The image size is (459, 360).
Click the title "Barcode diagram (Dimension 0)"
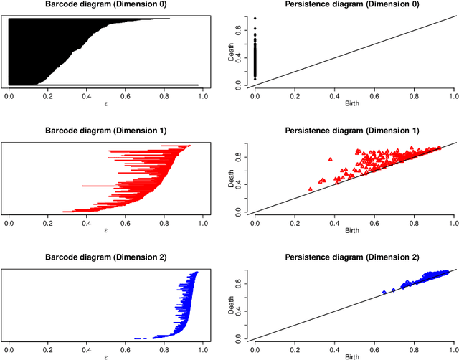[105, 6]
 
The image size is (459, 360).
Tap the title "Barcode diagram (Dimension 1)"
[105, 131]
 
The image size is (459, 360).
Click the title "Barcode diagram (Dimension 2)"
[105, 257]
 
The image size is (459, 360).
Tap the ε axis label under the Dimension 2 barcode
[105, 356]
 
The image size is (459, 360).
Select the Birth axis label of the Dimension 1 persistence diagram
[354, 231]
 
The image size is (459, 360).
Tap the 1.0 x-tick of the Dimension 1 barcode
[202, 222]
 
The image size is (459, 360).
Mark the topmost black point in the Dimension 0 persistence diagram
[255, 19]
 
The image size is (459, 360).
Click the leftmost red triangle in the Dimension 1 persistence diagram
[310, 189]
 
